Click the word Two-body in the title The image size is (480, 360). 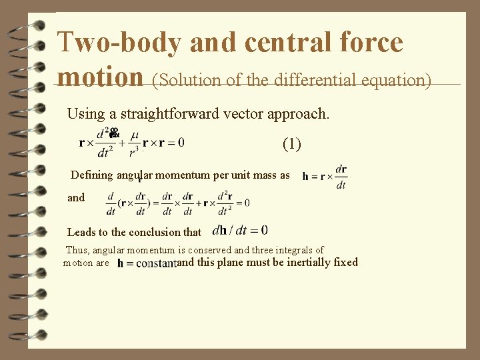tap(119, 43)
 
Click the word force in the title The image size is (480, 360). tap(371, 43)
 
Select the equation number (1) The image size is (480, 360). tap(292, 143)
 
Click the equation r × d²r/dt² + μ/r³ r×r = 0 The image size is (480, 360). tap(131, 142)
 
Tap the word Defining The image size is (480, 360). tap(93, 175)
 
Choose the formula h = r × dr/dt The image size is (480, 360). tap(325, 177)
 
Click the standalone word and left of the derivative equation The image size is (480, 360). tap(76, 197)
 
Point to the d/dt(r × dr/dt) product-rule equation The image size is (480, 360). tap(178, 203)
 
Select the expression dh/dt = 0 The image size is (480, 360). tap(240, 231)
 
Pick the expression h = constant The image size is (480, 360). tap(146, 264)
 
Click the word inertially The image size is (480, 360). tap(312, 262)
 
